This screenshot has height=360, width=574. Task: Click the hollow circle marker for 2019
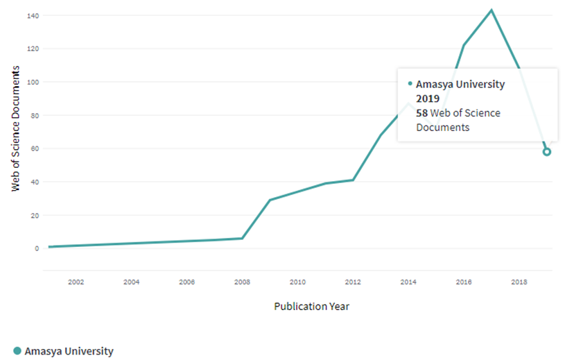[x=547, y=152]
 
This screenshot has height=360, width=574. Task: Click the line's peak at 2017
[x=492, y=10]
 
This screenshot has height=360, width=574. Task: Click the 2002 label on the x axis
[x=76, y=282]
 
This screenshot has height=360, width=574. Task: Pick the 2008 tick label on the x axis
[x=242, y=282]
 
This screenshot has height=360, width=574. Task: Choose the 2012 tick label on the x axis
[x=353, y=282]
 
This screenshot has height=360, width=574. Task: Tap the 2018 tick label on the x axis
[x=519, y=282]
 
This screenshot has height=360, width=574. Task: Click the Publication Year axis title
[x=311, y=306]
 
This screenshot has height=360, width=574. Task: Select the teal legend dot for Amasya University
[x=17, y=351]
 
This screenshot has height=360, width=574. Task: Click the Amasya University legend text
[x=69, y=351]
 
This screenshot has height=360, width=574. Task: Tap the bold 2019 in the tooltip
[x=428, y=98]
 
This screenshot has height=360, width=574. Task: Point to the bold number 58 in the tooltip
[x=421, y=113]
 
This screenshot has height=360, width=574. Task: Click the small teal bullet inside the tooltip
[x=410, y=84]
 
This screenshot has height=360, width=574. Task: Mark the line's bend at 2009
[x=270, y=200]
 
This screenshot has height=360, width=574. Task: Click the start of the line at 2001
[x=49, y=247]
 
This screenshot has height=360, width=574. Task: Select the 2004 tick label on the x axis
[x=131, y=282]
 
